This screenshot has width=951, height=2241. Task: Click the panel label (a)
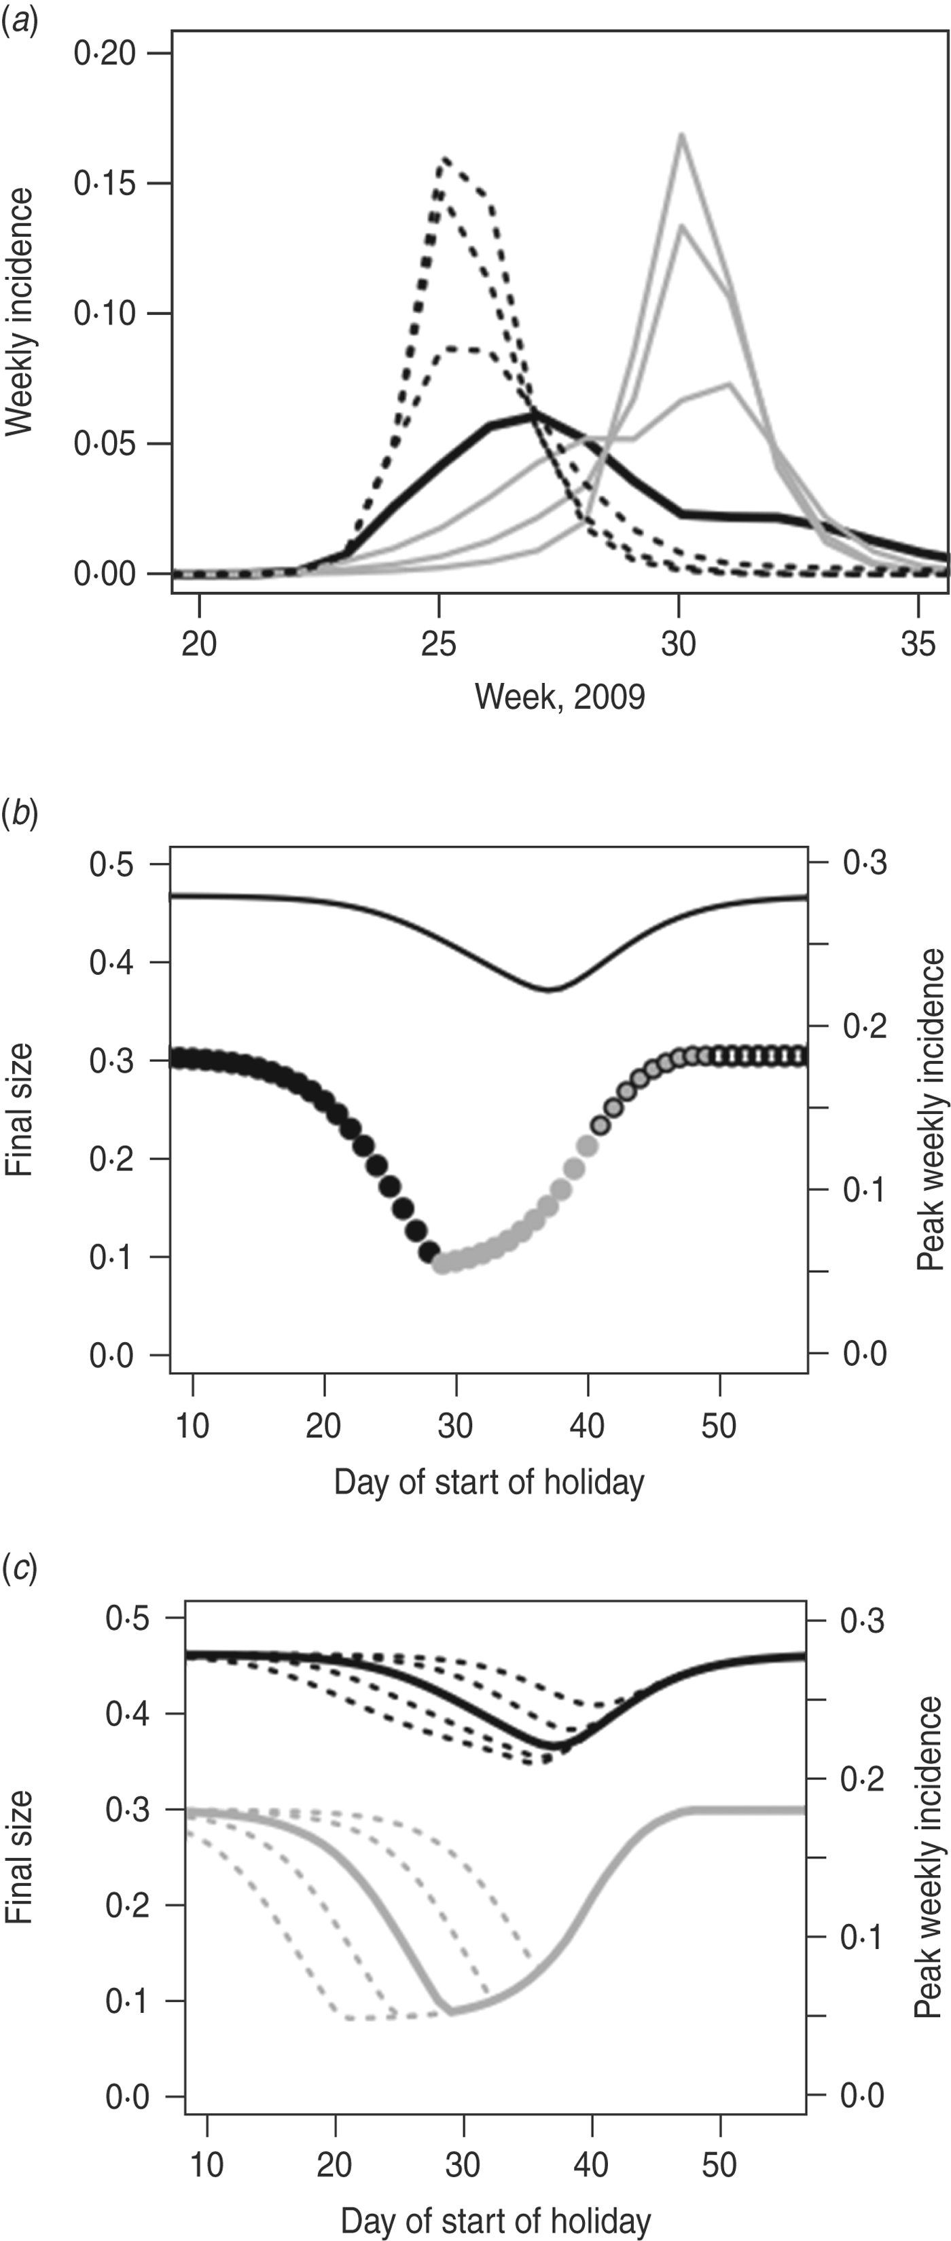[19, 19]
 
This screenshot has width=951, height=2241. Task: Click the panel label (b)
[19, 818]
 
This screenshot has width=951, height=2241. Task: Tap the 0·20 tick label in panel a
[105, 54]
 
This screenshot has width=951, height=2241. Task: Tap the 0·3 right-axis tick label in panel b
[864, 863]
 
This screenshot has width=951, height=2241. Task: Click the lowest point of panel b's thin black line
[548, 990]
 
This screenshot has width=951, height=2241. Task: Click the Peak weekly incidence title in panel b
[930, 1109]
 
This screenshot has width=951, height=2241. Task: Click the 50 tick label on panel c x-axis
[719, 2164]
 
